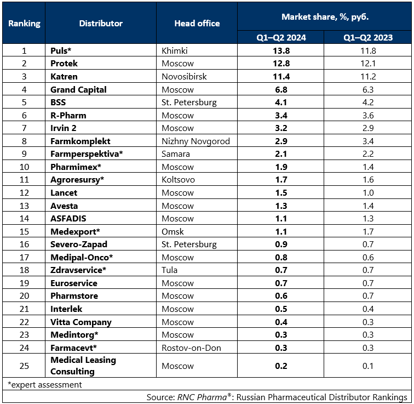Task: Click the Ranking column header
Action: click(24, 23)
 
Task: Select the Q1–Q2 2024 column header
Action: click(281, 37)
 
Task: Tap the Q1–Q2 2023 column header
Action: click(368, 37)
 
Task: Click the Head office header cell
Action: click(197, 23)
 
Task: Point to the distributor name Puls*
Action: click(61, 50)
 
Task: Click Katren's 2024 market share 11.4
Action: click(281, 76)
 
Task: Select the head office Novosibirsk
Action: click(184, 76)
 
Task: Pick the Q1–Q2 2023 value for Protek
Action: click(368, 64)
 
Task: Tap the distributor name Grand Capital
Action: click(78, 89)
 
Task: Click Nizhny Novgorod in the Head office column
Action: click(196, 141)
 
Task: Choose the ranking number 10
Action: click(24, 167)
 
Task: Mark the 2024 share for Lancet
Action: click(281, 192)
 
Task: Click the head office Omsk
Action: click(173, 231)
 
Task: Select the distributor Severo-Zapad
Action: click(79, 244)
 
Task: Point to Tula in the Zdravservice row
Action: click(169, 270)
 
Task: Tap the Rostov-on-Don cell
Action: click(191, 348)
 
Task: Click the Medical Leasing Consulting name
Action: click(83, 366)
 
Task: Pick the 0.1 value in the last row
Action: click(368, 366)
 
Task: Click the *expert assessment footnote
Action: click(44, 384)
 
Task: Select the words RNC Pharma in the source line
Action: click(202, 397)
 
